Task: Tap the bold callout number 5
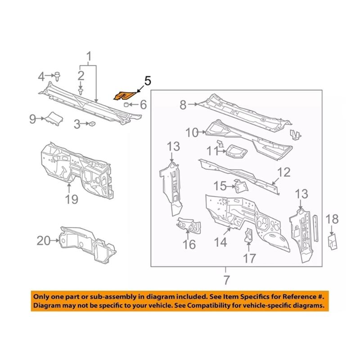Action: pyautogui.click(x=148, y=81)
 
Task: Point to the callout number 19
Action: pyautogui.click(x=72, y=199)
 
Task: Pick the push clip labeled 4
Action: pyautogui.click(x=58, y=76)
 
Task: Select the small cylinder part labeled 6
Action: pyautogui.click(x=127, y=105)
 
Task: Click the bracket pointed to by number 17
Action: pyautogui.click(x=247, y=236)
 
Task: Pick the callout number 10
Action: pyautogui.click(x=192, y=132)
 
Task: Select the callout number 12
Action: pyautogui.click(x=283, y=172)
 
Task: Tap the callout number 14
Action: pyautogui.click(x=220, y=243)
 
